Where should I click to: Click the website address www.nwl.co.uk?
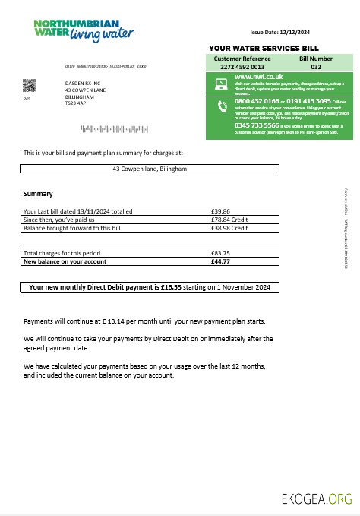[x=259, y=77]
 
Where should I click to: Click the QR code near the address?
[x=30, y=85]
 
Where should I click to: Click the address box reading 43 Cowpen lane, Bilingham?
[x=150, y=169]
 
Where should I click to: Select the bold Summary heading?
[x=38, y=194]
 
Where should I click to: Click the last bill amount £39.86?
[x=220, y=211]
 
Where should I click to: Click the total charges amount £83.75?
[x=220, y=252]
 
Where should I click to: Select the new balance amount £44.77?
[x=220, y=261]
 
